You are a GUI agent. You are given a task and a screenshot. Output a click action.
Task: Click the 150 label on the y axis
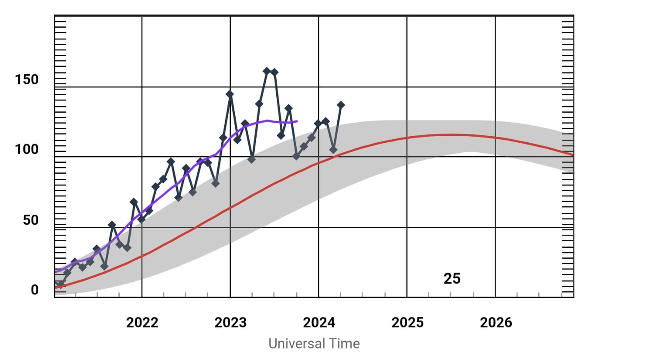27,79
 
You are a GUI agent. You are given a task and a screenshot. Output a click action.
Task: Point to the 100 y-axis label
27,150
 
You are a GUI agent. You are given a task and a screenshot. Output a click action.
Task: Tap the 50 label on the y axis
31,220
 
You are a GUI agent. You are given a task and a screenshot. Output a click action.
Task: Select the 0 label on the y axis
35,290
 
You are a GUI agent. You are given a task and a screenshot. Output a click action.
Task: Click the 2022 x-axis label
142,323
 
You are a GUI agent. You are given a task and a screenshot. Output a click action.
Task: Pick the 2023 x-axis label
230,323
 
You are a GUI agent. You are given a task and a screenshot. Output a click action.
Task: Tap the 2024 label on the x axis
319,323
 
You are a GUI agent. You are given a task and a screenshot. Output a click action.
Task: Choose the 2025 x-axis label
407,323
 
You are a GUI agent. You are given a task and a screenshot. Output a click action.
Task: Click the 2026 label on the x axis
496,323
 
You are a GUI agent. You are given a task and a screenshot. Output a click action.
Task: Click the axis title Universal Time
314,344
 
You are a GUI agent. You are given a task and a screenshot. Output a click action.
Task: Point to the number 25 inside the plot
452,279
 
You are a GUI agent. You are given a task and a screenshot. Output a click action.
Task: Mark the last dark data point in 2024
341,105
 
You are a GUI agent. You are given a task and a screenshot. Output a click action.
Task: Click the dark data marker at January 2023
230,94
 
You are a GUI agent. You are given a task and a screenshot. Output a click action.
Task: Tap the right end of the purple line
297,121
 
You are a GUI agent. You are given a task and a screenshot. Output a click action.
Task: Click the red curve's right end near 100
572,155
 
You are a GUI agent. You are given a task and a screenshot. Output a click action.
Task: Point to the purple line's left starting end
56,272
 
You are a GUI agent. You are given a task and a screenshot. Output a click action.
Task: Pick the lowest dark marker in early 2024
333,150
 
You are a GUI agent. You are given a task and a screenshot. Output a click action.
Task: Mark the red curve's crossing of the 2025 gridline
407,138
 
